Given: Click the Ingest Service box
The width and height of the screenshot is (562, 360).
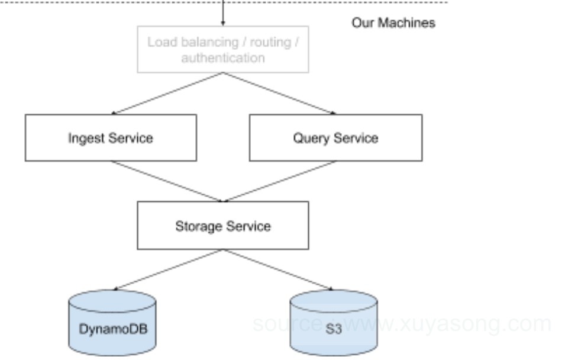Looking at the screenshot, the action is [111, 138].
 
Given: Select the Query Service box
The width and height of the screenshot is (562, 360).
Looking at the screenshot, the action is [336, 138].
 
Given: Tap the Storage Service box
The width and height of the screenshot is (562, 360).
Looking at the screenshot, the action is [223, 226].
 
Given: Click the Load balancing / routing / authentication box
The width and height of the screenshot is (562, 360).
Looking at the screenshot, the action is [223, 50].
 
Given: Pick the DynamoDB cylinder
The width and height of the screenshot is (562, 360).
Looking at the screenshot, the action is [112, 323].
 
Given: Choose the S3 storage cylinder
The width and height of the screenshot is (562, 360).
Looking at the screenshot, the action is [333, 323].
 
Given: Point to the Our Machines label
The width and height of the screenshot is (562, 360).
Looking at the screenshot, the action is [393, 22].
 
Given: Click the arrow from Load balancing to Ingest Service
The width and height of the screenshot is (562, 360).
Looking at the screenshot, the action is [167, 94].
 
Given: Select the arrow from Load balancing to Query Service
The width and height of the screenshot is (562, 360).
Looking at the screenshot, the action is [280, 94].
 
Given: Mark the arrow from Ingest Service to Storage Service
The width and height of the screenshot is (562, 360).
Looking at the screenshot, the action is [167, 181].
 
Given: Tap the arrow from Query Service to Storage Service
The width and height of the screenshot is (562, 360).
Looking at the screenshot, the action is [280, 181].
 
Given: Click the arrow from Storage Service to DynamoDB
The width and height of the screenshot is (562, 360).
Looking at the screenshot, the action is [169, 269].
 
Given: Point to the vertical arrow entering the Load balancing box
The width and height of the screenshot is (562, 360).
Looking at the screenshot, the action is [223, 13].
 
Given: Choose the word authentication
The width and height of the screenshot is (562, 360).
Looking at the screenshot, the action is [223, 57].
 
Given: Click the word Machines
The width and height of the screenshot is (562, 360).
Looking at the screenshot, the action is [406, 22].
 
